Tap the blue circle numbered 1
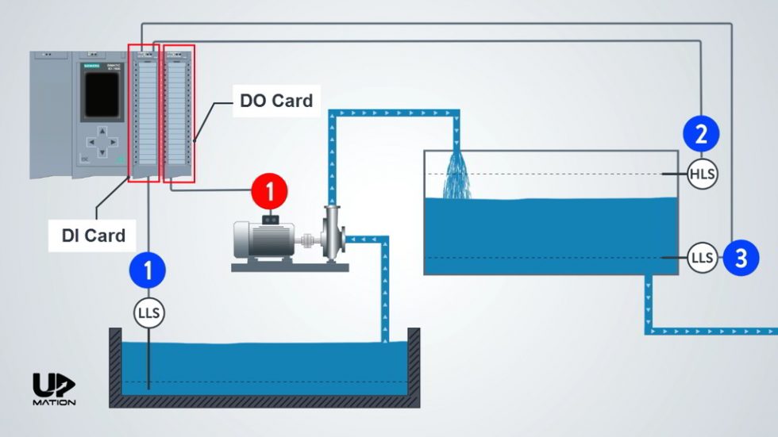tap(148, 270)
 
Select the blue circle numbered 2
tap(701, 134)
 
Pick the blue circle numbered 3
tap(740, 258)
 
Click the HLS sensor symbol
tap(702, 174)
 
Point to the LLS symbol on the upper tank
tap(702, 258)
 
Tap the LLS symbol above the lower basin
tap(148, 313)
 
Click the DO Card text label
tap(276, 101)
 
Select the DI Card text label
tap(94, 236)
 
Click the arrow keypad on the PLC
tap(101, 143)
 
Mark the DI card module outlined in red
tap(144, 113)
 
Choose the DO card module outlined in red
tap(179, 113)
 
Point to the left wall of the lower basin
tap(114, 365)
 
